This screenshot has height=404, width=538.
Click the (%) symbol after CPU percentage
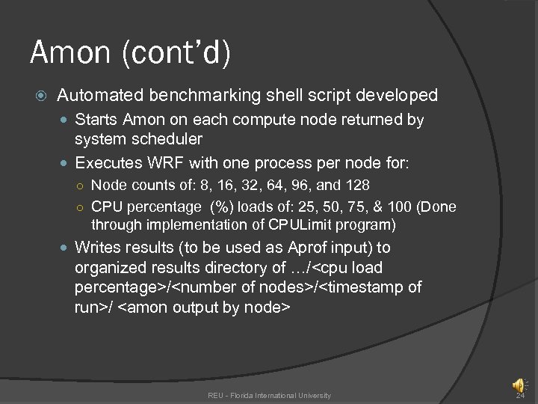coord(220,206)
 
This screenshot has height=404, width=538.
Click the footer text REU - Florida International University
coord(269,395)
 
